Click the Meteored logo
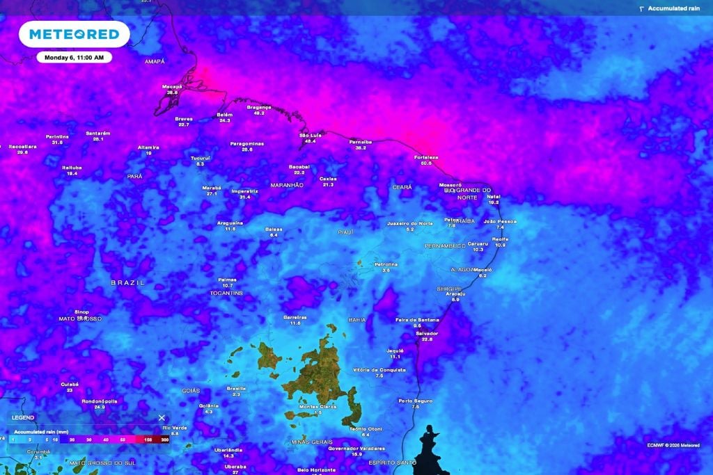click(x=74, y=33)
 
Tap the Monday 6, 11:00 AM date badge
click(x=74, y=57)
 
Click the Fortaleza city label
click(x=426, y=157)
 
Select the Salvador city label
click(x=427, y=333)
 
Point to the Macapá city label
click(x=172, y=86)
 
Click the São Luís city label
click(x=310, y=135)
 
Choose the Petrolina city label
click(x=386, y=264)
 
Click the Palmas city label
click(x=228, y=280)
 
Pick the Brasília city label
click(x=237, y=388)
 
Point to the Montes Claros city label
click(x=318, y=406)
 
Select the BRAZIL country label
click(x=128, y=283)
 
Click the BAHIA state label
click(x=357, y=320)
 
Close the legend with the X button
click(x=162, y=418)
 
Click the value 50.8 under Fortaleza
click(x=426, y=163)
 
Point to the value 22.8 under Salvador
click(x=427, y=339)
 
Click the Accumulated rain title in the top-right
click(x=673, y=8)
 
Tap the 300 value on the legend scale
click(x=164, y=440)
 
